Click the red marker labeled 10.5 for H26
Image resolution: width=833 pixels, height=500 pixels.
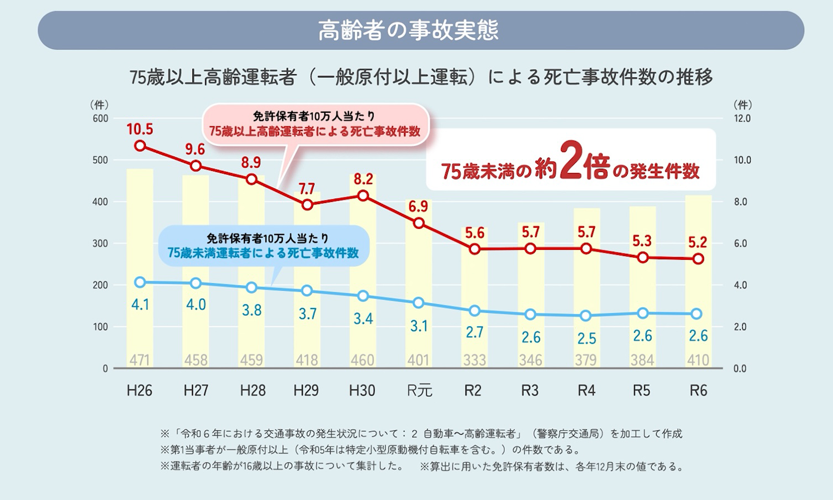click(140, 146)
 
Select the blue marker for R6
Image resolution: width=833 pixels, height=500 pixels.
click(698, 314)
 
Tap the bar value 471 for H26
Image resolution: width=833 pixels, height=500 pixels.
click(140, 360)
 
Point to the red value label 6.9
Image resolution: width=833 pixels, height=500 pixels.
click(418, 207)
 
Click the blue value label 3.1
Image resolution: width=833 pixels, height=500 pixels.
click(419, 326)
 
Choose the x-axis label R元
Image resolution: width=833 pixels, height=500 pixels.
click(419, 391)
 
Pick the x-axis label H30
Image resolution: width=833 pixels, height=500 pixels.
click(362, 391)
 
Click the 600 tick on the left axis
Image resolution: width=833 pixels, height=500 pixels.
click(101, 118)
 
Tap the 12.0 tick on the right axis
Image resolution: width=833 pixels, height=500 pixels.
click(742, 118)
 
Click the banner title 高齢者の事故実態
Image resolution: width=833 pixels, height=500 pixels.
click(409, 30)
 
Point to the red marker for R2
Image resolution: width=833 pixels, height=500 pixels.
click(475, 249)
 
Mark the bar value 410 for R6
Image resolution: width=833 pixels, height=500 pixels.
click(698, 360)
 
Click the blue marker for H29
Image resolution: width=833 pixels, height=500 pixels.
click(307, 291)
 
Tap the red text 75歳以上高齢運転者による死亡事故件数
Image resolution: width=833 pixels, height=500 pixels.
click(315, 132)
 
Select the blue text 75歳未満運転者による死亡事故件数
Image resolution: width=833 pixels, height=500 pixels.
click(263, 253)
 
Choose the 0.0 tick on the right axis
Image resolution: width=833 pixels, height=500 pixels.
click(740, 369)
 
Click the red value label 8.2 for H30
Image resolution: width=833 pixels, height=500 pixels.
click(363, 179)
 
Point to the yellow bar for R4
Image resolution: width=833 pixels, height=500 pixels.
click(586, 289)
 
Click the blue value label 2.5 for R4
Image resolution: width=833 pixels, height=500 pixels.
click(586, 338)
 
